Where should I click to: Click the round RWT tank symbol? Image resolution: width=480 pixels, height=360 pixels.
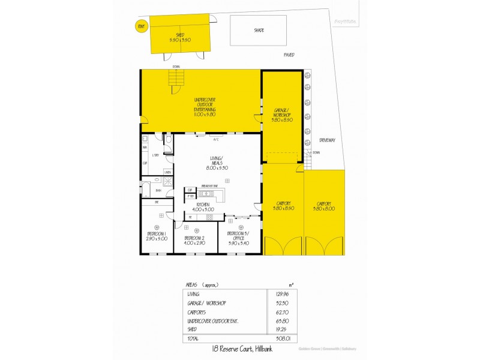[142, 26]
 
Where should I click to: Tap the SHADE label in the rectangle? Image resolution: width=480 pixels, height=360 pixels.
[259, 30]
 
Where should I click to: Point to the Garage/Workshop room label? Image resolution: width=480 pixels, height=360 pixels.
[282, 113]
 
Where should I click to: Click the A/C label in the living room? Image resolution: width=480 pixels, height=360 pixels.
[215, 140]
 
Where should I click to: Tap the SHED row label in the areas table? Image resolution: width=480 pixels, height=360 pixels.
[193, 329]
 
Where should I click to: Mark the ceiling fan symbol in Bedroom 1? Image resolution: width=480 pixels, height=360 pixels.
[157, 226]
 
